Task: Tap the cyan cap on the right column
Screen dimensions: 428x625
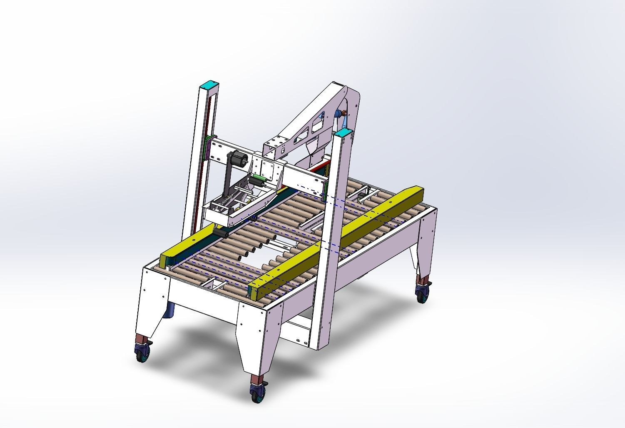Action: [x=344, y=133]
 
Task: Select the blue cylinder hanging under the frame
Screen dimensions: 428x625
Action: [x=170, y=310]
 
